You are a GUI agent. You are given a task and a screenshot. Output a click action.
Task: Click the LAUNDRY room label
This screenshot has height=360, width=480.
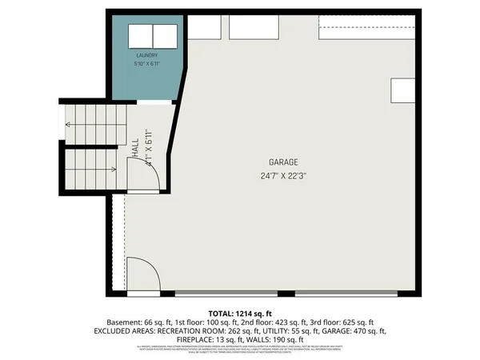(146, 55)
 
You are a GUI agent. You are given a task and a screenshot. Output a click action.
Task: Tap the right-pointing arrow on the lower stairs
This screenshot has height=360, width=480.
(115, 169)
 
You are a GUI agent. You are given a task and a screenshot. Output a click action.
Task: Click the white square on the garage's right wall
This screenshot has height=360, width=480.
(401, 90)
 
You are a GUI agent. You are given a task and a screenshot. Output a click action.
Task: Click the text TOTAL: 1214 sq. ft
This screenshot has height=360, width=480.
(240, 312)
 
